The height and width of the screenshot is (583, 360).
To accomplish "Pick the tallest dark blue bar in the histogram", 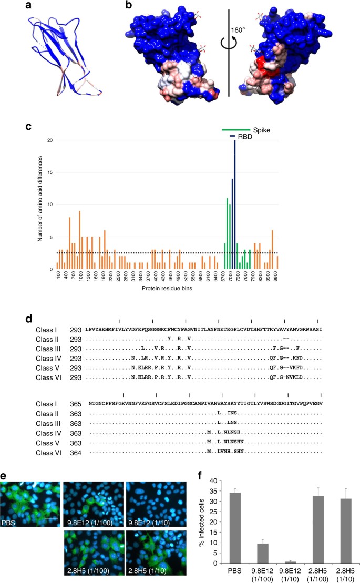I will tap(234, 204).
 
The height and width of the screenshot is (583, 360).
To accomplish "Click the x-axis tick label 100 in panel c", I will tap(58, 277).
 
